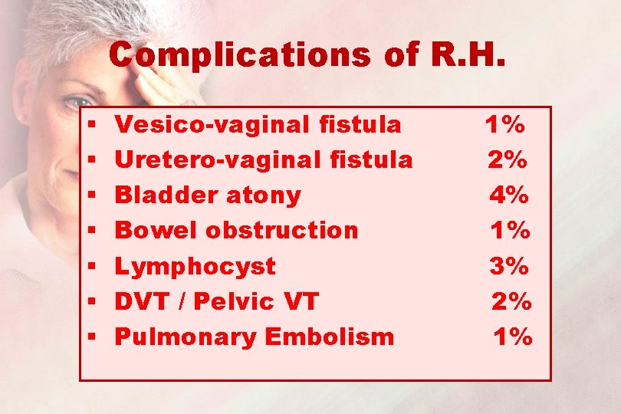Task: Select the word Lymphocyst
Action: click(x=195, y=267)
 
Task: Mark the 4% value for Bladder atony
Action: click(x=509, y=195)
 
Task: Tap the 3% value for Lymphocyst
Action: click(x=509, y=266)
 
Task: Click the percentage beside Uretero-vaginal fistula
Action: click(x=508, y=159)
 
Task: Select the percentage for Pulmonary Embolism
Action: click(x=512, y=336)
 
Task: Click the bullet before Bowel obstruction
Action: click(x=91, y=231)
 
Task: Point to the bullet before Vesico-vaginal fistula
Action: click(x=91, y=125)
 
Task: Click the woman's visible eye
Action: click(x=79, y=101)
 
